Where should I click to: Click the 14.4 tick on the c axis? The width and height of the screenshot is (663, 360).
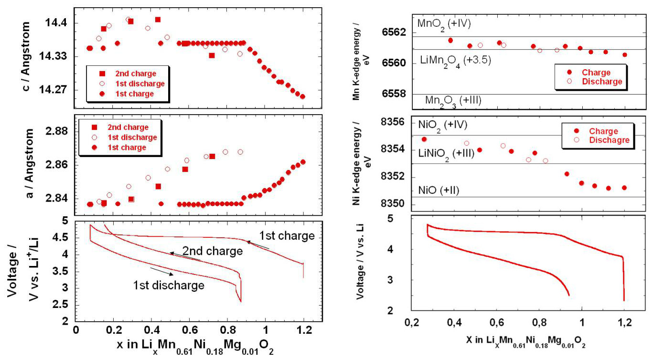coord(56,23)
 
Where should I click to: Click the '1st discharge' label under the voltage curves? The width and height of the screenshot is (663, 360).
coord(169,285)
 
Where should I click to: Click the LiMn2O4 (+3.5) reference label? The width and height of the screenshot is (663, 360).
coord(456,60)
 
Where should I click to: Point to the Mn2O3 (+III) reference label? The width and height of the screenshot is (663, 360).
coord(453,100)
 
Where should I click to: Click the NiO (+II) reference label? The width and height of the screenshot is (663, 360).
coord(438,190)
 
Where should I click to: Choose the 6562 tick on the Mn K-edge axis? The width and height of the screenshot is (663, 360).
coord(395,32)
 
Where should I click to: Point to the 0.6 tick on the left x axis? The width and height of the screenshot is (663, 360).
coord(189,330)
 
